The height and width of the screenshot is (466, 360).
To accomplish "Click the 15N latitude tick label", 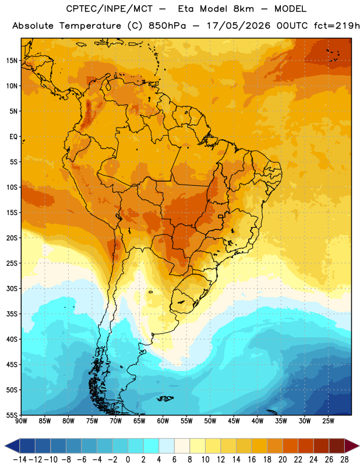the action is pyautogui.click(x=12, y=61).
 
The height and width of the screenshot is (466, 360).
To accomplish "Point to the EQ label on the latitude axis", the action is pyautogui.click(x=13, y=137).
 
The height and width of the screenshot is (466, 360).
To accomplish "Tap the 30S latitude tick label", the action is pyautogui.click(x=12, y=288).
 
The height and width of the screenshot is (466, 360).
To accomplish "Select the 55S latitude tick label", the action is pyautogui.click(x=12, y=415).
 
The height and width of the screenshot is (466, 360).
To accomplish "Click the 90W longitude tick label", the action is pyautogui.click(x=21, y=421).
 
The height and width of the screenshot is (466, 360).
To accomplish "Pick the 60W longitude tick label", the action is pyautogui.click(x=163, y=421).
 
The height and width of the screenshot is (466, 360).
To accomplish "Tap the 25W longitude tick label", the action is pyautogui.click(x=328, y=421).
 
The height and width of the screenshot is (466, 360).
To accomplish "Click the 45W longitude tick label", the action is pyautogui.click(x=234, y=421).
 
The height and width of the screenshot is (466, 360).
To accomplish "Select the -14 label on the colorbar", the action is pyautogui.click(x=20, y=460).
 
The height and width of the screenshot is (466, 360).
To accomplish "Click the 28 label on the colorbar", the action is pyautogui.click(x=344, y=460).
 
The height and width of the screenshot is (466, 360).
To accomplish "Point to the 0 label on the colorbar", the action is pyautogui.click(x=128, y=460).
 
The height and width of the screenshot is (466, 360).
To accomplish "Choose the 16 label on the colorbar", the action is pyautogui.click(x=252, y=460).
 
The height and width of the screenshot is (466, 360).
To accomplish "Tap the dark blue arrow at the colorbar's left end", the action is pyautogui.click(x=12, y=446).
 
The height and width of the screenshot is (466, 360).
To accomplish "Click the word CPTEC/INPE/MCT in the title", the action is pyautogui.click(x=110, y=9).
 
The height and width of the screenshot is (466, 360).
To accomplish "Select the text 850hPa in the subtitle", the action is pyautogui.click(x=167, y=26).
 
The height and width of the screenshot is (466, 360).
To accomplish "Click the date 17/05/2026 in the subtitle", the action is pyautogui.click(x=239, y=26).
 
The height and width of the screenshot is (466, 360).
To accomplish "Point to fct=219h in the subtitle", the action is pyautogui.click(x=337, y=26).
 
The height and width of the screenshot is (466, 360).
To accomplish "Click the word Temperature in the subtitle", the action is pyautogui.click(x=90, y=26).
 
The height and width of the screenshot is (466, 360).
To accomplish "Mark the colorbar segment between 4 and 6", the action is pyautogui.click(x=167, y=446).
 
